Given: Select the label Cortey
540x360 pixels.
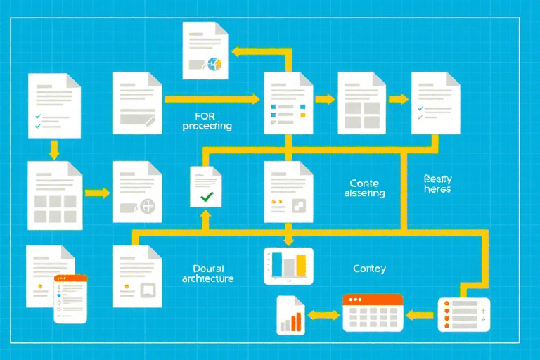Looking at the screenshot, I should click(369, 269).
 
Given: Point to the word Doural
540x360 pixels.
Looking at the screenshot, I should click(208, 268).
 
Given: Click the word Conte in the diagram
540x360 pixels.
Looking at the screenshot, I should click(364, 184).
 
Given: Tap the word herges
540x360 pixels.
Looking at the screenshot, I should click(437, 190).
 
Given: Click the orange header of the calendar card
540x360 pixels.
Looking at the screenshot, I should click(373, 300).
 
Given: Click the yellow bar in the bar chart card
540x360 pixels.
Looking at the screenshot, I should click(301, 265).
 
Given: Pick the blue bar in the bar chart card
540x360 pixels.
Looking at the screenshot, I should click(278, 264).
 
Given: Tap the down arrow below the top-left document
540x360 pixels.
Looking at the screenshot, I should click(53, 148).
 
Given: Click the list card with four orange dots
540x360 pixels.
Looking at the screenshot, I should click(463, 314).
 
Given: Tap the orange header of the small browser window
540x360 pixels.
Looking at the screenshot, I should click(70, 279).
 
